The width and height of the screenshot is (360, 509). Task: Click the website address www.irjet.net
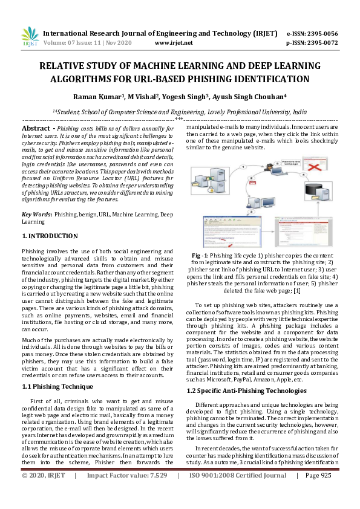coord(174,43)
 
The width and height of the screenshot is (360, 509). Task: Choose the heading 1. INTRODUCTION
coord(50,236)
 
